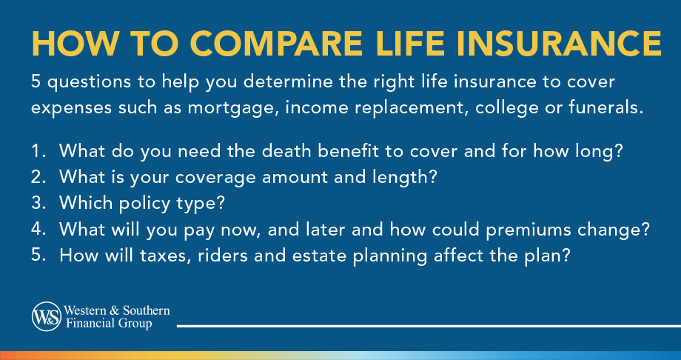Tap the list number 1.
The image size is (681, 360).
[x=36, y=152]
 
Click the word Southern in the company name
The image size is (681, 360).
[x=142, y=310]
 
